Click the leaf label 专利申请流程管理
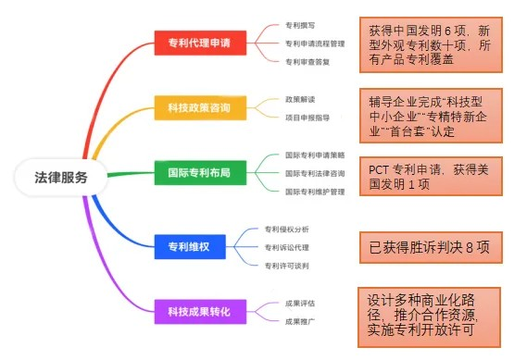[315, 43]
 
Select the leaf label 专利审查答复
[305, 61]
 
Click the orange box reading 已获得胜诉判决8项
[431, 247]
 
